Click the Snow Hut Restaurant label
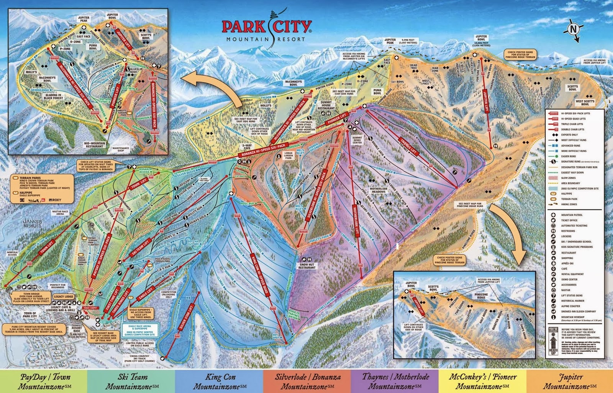307,266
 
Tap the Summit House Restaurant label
326,105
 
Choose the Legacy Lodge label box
64,296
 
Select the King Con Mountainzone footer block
219,381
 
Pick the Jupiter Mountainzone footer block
570,381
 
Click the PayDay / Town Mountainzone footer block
44,381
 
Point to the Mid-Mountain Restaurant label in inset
95,144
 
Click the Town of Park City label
30,314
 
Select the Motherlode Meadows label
379,190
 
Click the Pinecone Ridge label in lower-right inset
481,296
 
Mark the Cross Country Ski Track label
139,359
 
